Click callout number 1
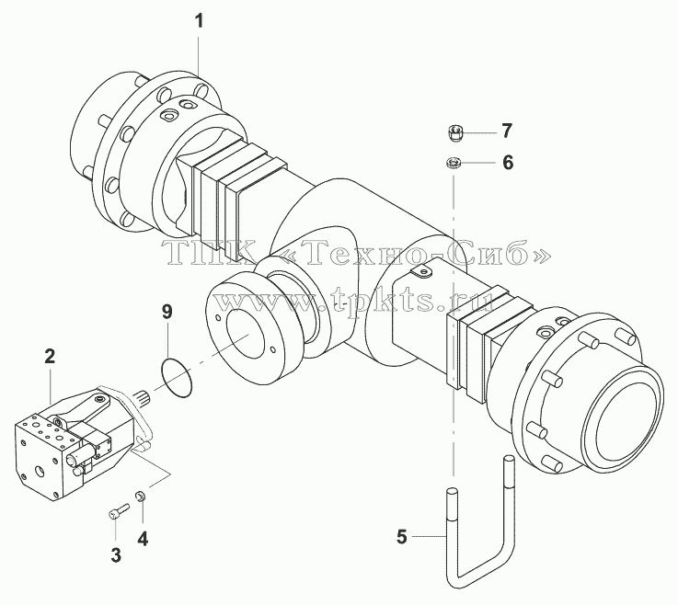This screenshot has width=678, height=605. tap(199, 21)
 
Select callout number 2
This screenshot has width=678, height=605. tap(50, 357)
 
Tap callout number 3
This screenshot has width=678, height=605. tap(116, 555)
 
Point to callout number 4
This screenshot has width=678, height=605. tap(143, 539)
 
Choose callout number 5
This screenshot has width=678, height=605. tap(402, 537)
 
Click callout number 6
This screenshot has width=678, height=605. tap(508, 163)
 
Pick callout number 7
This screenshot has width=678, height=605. tap(507, 131)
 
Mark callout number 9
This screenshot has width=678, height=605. tap(167, 312)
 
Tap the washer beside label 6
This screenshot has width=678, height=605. tap(454, 164)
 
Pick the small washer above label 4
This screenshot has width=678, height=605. tap(141, 497)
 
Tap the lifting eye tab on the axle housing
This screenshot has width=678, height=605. tap(421, 272)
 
